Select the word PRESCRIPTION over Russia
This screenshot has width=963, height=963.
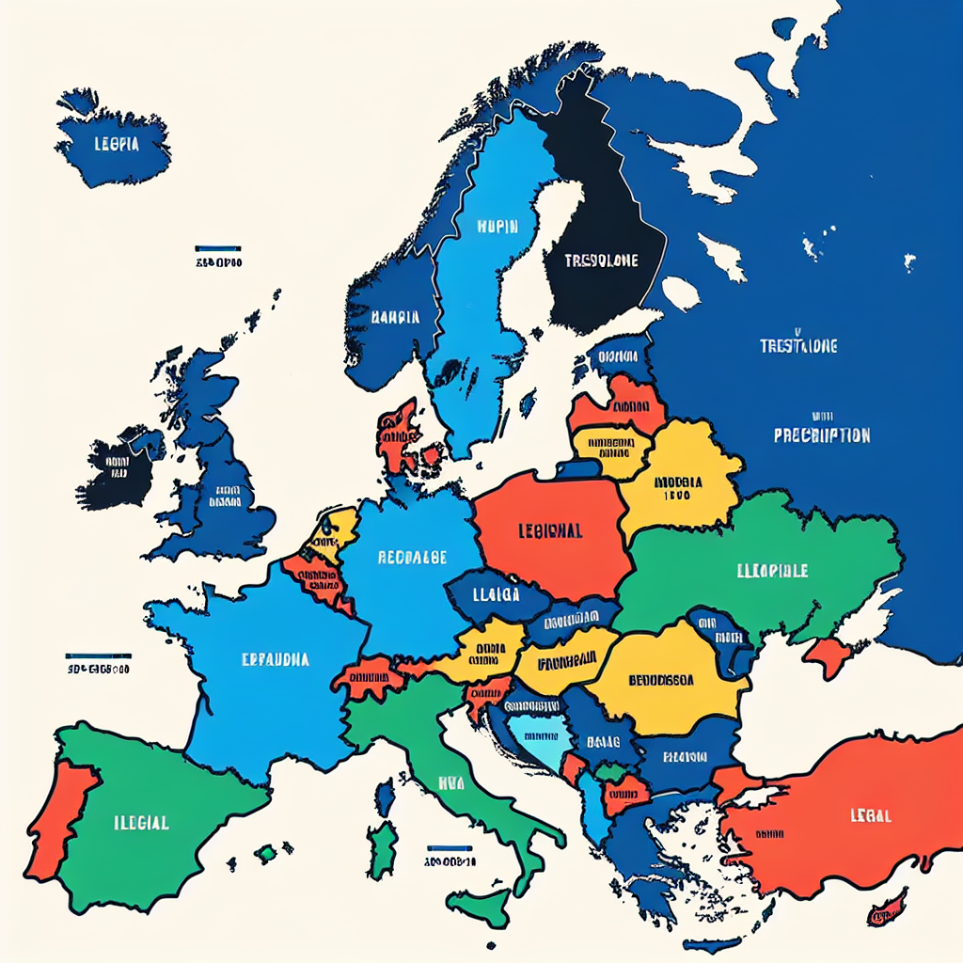click(821, 435)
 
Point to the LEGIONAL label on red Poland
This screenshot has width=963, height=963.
click(550, 530)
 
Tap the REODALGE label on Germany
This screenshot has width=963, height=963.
click(412, 557)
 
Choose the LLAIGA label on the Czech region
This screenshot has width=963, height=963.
click(497, 593)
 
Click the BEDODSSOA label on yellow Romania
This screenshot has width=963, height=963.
click(661, 680)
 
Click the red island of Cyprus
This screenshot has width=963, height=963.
click(887, 908)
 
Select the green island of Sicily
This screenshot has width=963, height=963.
click(478, 905)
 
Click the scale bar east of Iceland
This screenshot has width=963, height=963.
click(218, 250)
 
